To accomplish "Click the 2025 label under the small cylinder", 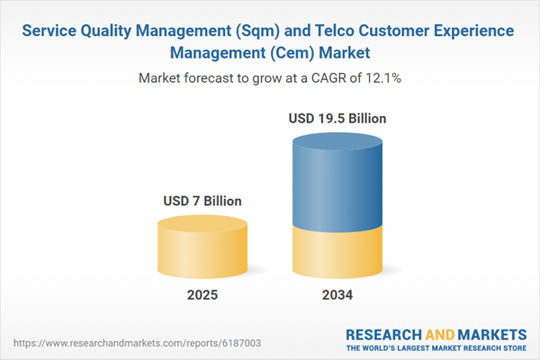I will pos(203,294).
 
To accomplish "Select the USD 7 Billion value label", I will pos(203,202).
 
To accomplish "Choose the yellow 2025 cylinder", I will pos(203,247).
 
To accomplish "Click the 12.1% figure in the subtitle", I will pos(382,78).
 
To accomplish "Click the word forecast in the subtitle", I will pos(212,78).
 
